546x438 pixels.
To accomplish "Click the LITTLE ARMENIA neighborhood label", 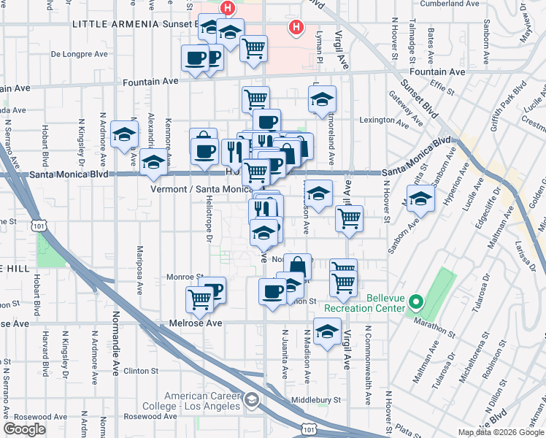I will pos(115,24).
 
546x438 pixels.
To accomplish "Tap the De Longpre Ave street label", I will pos(79,53).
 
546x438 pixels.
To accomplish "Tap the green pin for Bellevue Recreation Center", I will pos(415,300).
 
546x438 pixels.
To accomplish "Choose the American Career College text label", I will pos(202,401).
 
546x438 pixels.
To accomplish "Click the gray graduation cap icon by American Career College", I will pos(252,399).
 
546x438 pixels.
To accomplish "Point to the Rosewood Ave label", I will pos(150,416).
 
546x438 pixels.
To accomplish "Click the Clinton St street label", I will pos(140,370).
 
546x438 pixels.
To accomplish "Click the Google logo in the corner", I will pos(25,429).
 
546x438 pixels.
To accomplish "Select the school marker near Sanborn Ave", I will pos(420,199).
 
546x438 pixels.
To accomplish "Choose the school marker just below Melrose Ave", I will pos(327,331).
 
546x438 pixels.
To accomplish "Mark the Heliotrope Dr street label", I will pos(209,226).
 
